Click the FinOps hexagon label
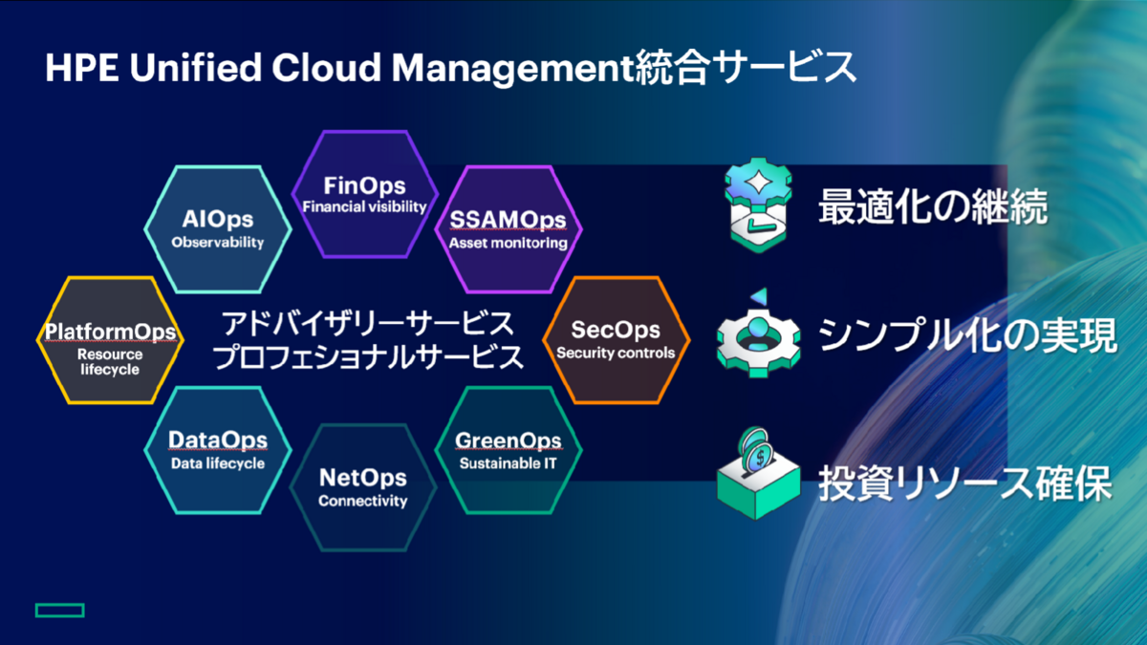click(x=364, y=185)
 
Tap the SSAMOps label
click(x=509, y=221)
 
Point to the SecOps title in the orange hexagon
click(x=616, y=331)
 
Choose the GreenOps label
click(x=508, y=441)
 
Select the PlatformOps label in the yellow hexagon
click(x=110, y=332)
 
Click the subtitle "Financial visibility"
click(x=364, y=206)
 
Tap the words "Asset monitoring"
click(x=509, y=243)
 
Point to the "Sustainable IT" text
click(x=508, y=464)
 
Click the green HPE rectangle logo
click(x=60, y=610)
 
